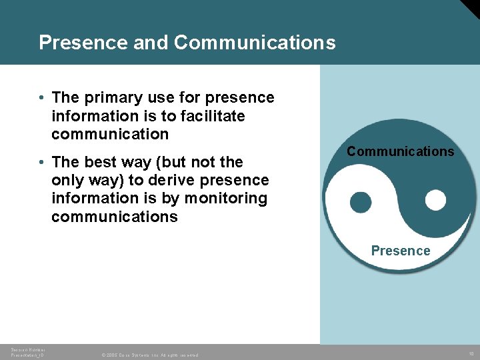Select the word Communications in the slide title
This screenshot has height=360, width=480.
[x=255, y=43]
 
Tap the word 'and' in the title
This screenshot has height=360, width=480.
[x=151, y=43]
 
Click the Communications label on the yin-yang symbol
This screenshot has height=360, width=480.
[x=400, y=151]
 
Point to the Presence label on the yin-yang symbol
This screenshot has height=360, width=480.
[x=401, y=251]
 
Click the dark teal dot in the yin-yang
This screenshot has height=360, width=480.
[x=361, y=202]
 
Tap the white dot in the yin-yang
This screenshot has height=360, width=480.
[x=435, y=199]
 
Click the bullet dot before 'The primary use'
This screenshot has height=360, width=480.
[x=41, y=98]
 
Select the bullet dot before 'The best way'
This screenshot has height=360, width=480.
[x=41, y=162]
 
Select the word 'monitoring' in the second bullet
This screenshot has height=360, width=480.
[x=225, y=198]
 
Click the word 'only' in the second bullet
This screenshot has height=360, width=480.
[x=67, y=180]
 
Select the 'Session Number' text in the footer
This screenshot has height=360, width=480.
[x=26, y=349]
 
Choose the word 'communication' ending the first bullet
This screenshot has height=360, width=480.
[x=110, y=134]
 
